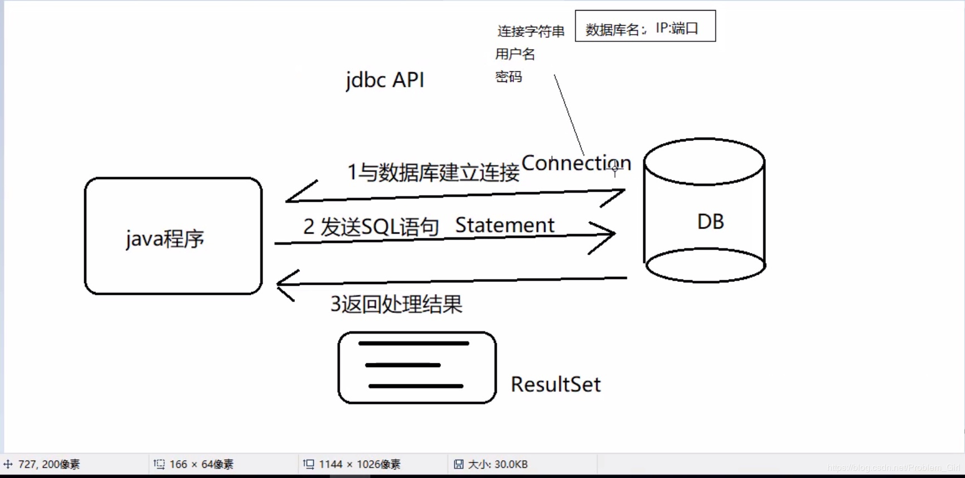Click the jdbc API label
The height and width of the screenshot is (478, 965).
coord(385,80)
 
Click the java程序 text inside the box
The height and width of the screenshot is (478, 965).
coord(165,238)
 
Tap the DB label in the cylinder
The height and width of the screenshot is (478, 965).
coord(710,222)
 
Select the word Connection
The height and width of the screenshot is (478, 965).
coord(576,163)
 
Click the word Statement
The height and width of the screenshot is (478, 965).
coord(505,225)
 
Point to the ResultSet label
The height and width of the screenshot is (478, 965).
coord(555,384)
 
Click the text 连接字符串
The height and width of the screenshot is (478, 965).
coord(531,31)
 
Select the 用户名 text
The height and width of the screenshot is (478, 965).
coord(515,54)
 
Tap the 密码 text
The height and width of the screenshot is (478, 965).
coord(508,77)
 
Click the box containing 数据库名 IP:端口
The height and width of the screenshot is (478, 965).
coord(645,26)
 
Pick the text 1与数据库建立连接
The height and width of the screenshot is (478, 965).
coord(433,172)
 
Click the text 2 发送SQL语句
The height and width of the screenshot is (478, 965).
coord(371,227)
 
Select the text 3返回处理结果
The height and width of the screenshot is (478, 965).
coord(396,304)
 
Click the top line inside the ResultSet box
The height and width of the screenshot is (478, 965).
coord(413,344)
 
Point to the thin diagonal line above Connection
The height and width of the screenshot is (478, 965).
coord(569,114)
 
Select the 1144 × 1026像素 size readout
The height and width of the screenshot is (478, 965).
coord(359,464)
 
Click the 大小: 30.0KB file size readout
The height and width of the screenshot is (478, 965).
coord(497,464)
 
